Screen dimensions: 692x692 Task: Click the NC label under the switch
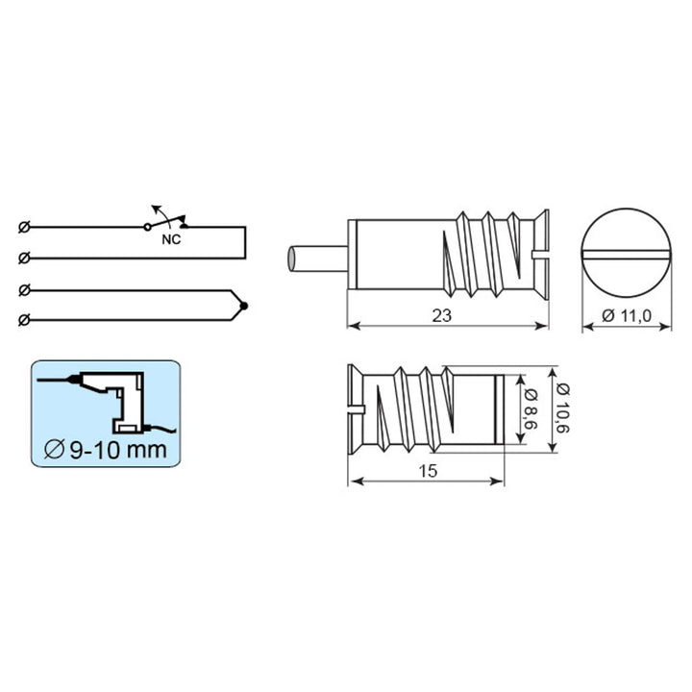[171, 239]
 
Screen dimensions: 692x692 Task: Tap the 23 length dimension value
[441, 315]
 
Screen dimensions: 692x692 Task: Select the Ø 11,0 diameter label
[627, 315]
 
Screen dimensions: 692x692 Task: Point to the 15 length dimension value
[428, 471]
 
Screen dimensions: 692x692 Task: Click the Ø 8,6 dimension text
[531, 409]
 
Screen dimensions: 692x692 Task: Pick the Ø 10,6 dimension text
[563, 408]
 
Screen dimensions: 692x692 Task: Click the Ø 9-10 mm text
[106, 449]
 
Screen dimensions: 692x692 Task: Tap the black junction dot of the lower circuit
[243, 306]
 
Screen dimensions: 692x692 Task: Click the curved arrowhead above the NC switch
[155, 208]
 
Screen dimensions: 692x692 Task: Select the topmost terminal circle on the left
[24, 227]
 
